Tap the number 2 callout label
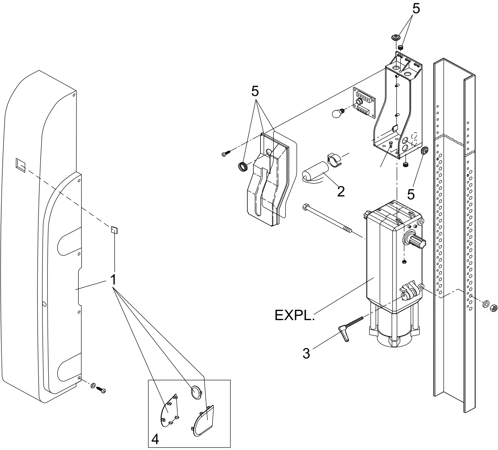341,192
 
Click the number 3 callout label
306,353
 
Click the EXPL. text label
294,315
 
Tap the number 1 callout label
113,279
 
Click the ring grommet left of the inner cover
243,166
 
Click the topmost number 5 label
416,9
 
